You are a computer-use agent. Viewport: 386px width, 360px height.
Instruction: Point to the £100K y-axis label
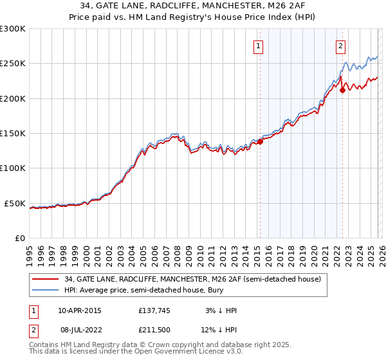[x=13, y=168]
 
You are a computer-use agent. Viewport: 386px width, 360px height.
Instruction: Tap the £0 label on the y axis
[x=19, y=239]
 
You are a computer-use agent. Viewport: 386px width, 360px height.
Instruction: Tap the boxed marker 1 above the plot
[x=259, y=46]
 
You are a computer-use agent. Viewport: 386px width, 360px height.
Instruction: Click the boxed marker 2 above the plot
[x=340, y=46]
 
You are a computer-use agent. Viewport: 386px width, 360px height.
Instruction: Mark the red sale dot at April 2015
[x=260, y=141]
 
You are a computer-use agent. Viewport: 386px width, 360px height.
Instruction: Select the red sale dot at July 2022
[x=342, y=90]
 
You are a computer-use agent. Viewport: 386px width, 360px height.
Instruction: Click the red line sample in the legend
[x=46, y=279]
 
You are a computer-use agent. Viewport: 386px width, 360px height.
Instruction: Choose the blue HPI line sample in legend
[x=46, y=291]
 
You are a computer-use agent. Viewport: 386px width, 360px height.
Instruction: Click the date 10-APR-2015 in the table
[x=80, y=310]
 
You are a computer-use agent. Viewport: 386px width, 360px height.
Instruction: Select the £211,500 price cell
[x=155, y=330]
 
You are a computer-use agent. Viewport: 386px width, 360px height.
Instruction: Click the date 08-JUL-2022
[x=79, y=330]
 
